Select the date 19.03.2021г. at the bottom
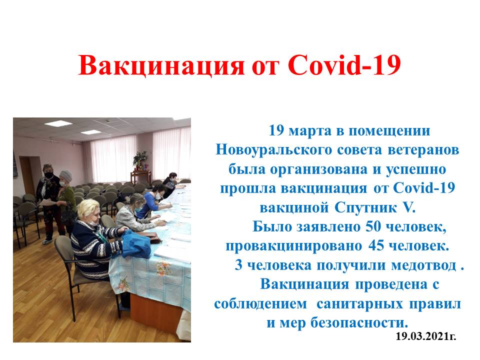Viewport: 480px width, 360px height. [426, 336]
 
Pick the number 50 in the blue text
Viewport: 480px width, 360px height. [373, 226]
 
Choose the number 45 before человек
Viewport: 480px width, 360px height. [376, 245]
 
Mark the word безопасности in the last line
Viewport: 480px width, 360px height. [359, 322]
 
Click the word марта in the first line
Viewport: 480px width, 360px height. [310, 131]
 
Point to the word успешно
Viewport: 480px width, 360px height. [415, 169]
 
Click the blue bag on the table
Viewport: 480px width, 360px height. [135, 244]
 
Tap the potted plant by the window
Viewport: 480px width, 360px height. [140, 160]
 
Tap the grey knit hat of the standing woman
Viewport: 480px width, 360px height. [66, 175]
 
